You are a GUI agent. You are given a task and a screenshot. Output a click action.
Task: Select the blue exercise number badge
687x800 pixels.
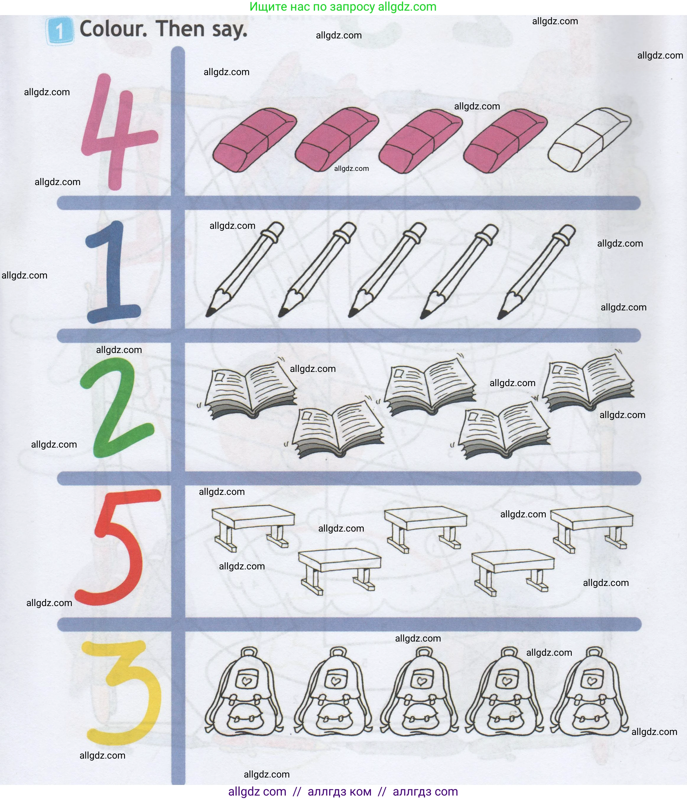point(59,30)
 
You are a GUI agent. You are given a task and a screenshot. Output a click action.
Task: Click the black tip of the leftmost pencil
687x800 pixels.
point(210,312)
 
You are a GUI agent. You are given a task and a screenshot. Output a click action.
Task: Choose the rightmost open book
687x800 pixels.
point(589,382)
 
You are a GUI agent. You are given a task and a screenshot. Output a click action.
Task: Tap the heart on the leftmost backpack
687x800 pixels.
point(246,682)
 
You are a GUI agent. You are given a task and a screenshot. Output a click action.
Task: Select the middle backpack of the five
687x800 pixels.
point(420,695)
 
